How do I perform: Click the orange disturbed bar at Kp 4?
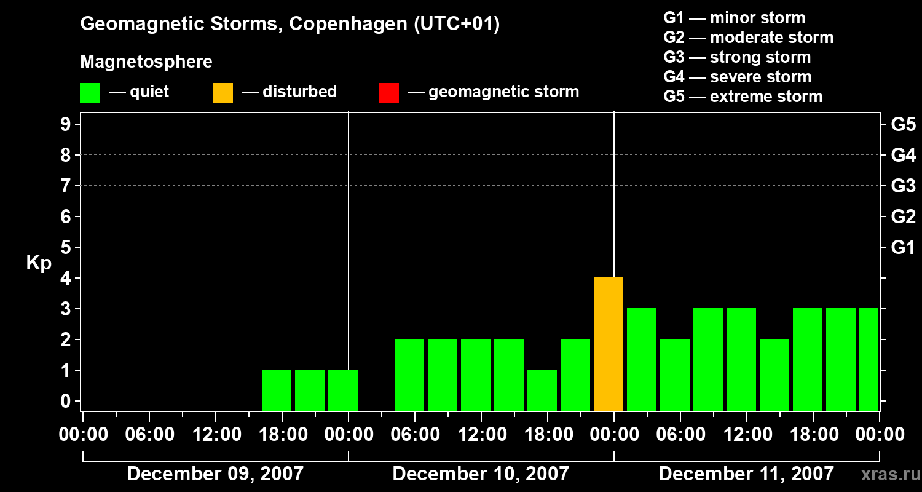[x=609, y=344]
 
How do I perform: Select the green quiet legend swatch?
[x=90, y=92]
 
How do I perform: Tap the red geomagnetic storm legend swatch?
[x=388, y=92]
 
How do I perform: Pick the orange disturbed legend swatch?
[x=223, y=92]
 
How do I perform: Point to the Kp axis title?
[x=39, y=263]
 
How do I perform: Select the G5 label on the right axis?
[x=903, y=125]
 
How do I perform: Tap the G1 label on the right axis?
[x=903, y=248]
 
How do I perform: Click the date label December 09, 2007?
[x=215, y=474]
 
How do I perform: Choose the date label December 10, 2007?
[x=481, y=474]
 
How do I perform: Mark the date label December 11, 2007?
[x=746, y=474]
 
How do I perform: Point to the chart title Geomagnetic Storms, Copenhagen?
[x=290, y=24]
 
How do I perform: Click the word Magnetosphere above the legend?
[x=146, y=62]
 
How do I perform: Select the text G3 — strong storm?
[x=737, y=57]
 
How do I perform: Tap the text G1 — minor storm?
[x=734, y=18]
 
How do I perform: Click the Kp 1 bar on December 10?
[x=542, y=390]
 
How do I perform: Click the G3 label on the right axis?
[x=903, y=186]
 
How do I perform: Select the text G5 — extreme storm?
[x=743, y=97]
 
